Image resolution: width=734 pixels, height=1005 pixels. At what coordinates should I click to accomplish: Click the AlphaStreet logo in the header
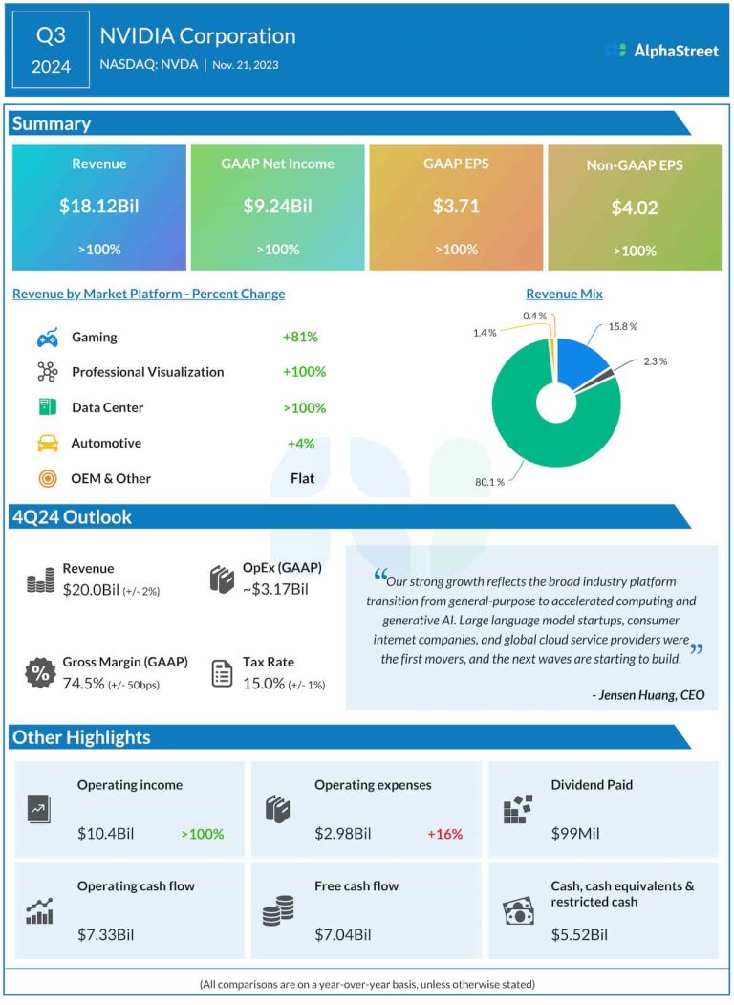[x=661, y=50]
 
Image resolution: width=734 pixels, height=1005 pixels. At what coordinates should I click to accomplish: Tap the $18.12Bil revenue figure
[x=98, y=206]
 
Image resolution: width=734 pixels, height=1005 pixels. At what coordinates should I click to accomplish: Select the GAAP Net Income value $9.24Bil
[x=277, y=206]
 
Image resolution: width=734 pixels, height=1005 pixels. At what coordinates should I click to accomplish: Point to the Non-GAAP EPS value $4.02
[x=635, y=207]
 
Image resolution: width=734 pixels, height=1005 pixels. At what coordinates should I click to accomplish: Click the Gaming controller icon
[x=47, y=338]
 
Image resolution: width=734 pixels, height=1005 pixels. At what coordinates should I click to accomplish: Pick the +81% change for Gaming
[x=300, y=337]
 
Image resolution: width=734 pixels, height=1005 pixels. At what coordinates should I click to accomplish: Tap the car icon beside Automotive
[x=47, y=443]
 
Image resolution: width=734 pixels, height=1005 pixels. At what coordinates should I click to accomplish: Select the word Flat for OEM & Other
[x=302, y=478]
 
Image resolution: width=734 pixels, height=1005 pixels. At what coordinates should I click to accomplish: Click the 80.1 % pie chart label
[x=488, y=481]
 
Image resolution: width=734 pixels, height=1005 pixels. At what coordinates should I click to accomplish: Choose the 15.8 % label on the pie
[x=622, y=326]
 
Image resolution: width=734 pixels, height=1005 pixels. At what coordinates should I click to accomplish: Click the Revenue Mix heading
[x=564, y=294]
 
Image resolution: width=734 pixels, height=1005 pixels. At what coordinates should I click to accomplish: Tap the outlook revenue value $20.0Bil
[x=90, y=591]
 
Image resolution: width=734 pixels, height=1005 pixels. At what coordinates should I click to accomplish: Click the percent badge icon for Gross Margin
[x=40, y=673]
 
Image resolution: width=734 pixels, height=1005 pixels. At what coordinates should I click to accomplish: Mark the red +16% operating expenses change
[x=444, y=834]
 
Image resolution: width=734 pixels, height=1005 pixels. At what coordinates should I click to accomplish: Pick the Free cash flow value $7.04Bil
[x=342, y=933]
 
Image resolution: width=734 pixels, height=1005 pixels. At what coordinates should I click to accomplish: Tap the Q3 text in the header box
[x=51, y=35]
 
